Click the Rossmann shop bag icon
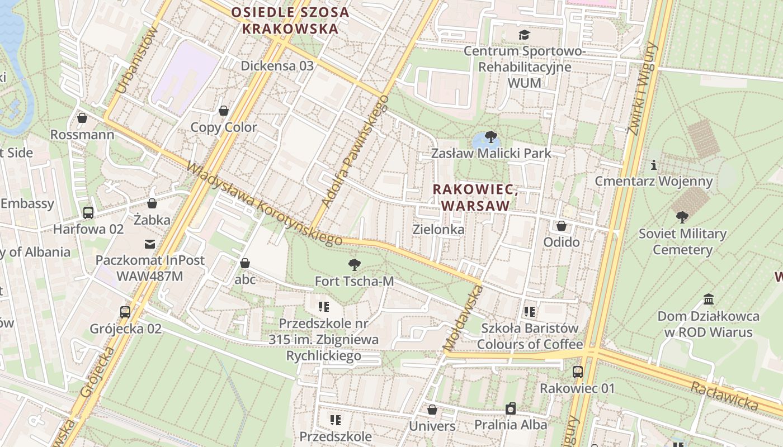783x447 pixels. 82,118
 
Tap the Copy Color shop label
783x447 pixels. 224,127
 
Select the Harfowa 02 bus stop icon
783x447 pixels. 88,212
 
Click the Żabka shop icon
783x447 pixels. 152,203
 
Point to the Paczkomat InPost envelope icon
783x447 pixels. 150,244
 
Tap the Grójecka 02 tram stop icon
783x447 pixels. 125,312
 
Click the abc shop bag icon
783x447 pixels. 245,263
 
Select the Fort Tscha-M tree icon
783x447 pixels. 354,264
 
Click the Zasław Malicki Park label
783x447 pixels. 490,153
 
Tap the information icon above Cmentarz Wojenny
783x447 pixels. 653,165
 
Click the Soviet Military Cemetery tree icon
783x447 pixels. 682,217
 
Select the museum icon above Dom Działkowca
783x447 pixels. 709,299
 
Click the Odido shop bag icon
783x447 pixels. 561,226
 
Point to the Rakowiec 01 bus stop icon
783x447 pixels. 577,372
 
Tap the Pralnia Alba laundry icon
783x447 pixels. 510,408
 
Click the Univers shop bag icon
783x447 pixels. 432,410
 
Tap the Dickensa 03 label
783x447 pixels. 277,65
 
